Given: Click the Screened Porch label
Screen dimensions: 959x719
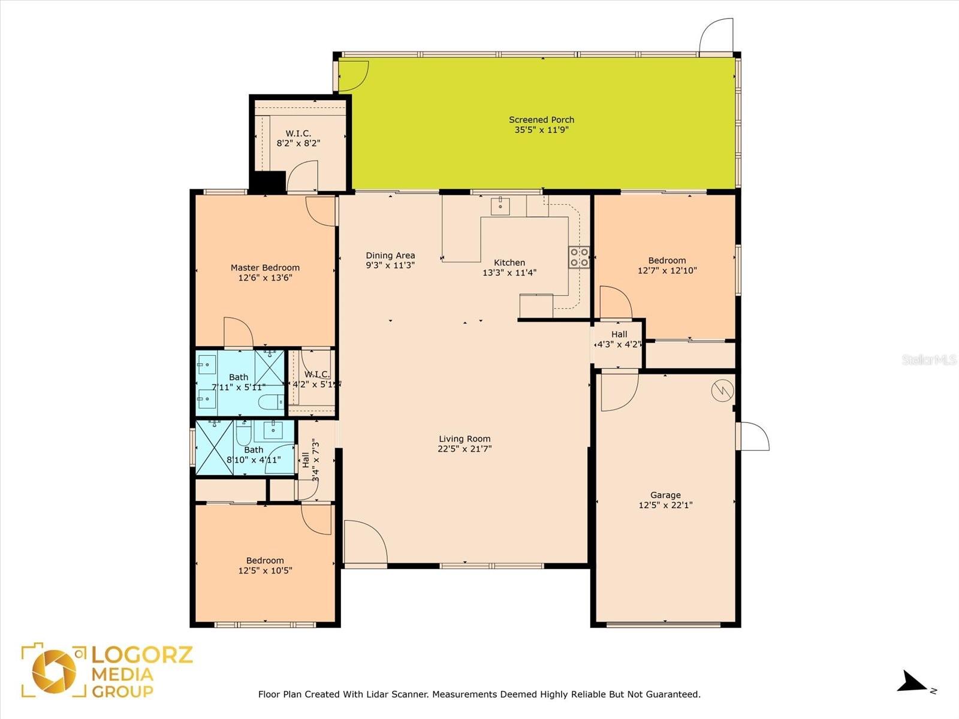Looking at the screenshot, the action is click(x=541, y=120).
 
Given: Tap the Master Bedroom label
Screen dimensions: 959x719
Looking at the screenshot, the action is click(x=265, y=268).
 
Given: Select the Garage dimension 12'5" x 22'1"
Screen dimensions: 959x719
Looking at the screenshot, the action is click(x=665, y=505).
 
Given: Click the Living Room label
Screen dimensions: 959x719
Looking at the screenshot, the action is click(x=465, y=439).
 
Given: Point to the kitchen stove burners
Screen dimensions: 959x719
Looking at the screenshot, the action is click(x=579, y=257).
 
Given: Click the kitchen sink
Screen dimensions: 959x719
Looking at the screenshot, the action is click(x=500, y=206).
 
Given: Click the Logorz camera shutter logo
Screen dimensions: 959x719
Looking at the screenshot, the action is click(x=54, y=672).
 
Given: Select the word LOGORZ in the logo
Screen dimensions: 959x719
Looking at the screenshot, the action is click(x=142, y=655).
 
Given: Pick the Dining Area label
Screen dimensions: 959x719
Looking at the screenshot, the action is click(x=390, y=255).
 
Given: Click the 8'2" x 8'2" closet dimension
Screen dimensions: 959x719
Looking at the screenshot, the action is click(x=298, y=143).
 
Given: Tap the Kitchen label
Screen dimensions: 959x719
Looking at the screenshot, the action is click(x=509, y=262).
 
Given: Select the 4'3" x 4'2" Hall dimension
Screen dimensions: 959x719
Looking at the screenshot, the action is click(x=619, y=344).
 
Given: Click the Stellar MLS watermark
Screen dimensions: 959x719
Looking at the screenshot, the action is click(x=929, y=360).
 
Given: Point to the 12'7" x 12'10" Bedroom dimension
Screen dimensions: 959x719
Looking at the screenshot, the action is click(x=667, y=270).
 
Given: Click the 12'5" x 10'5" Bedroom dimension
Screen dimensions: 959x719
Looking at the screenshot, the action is click(x=265, y=570).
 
